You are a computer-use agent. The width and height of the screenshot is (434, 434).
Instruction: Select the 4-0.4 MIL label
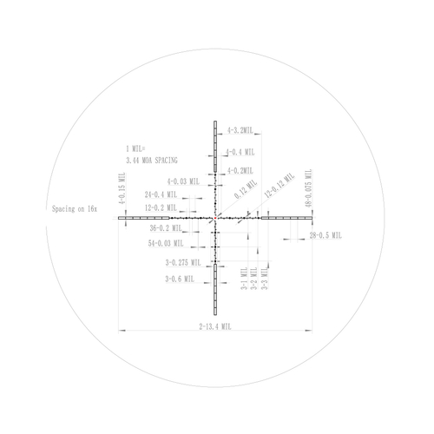pyautogui.click(x=240, y=152)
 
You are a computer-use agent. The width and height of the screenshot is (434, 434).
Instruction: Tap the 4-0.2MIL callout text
pyautogui.click(x=239, y=171)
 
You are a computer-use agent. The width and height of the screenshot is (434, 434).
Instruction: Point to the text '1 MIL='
pyautogui.click(x=137, y=150)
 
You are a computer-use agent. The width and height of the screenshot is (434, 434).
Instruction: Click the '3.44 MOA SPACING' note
pyautogui.click(x=152, y=161)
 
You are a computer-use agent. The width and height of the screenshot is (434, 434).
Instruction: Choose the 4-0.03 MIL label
pyautogui.click(x=185, y=181)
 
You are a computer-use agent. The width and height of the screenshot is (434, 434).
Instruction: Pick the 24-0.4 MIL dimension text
pyautogui.click(x=162, y=194)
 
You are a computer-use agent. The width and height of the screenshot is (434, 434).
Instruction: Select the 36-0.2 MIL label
pyautogui.click(x=166, y=228)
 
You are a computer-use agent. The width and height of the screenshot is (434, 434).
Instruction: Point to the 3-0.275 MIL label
pyautogui.click(x=182, y=262)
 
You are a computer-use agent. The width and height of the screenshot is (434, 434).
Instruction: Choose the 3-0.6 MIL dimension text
pyautogui.click(x=180, y=279)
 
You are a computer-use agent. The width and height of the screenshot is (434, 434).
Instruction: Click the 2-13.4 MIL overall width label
pyautogui.click(x=214, y=327)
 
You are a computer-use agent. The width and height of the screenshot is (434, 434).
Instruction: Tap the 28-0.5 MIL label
pyautogui.click(x=325, y=235)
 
